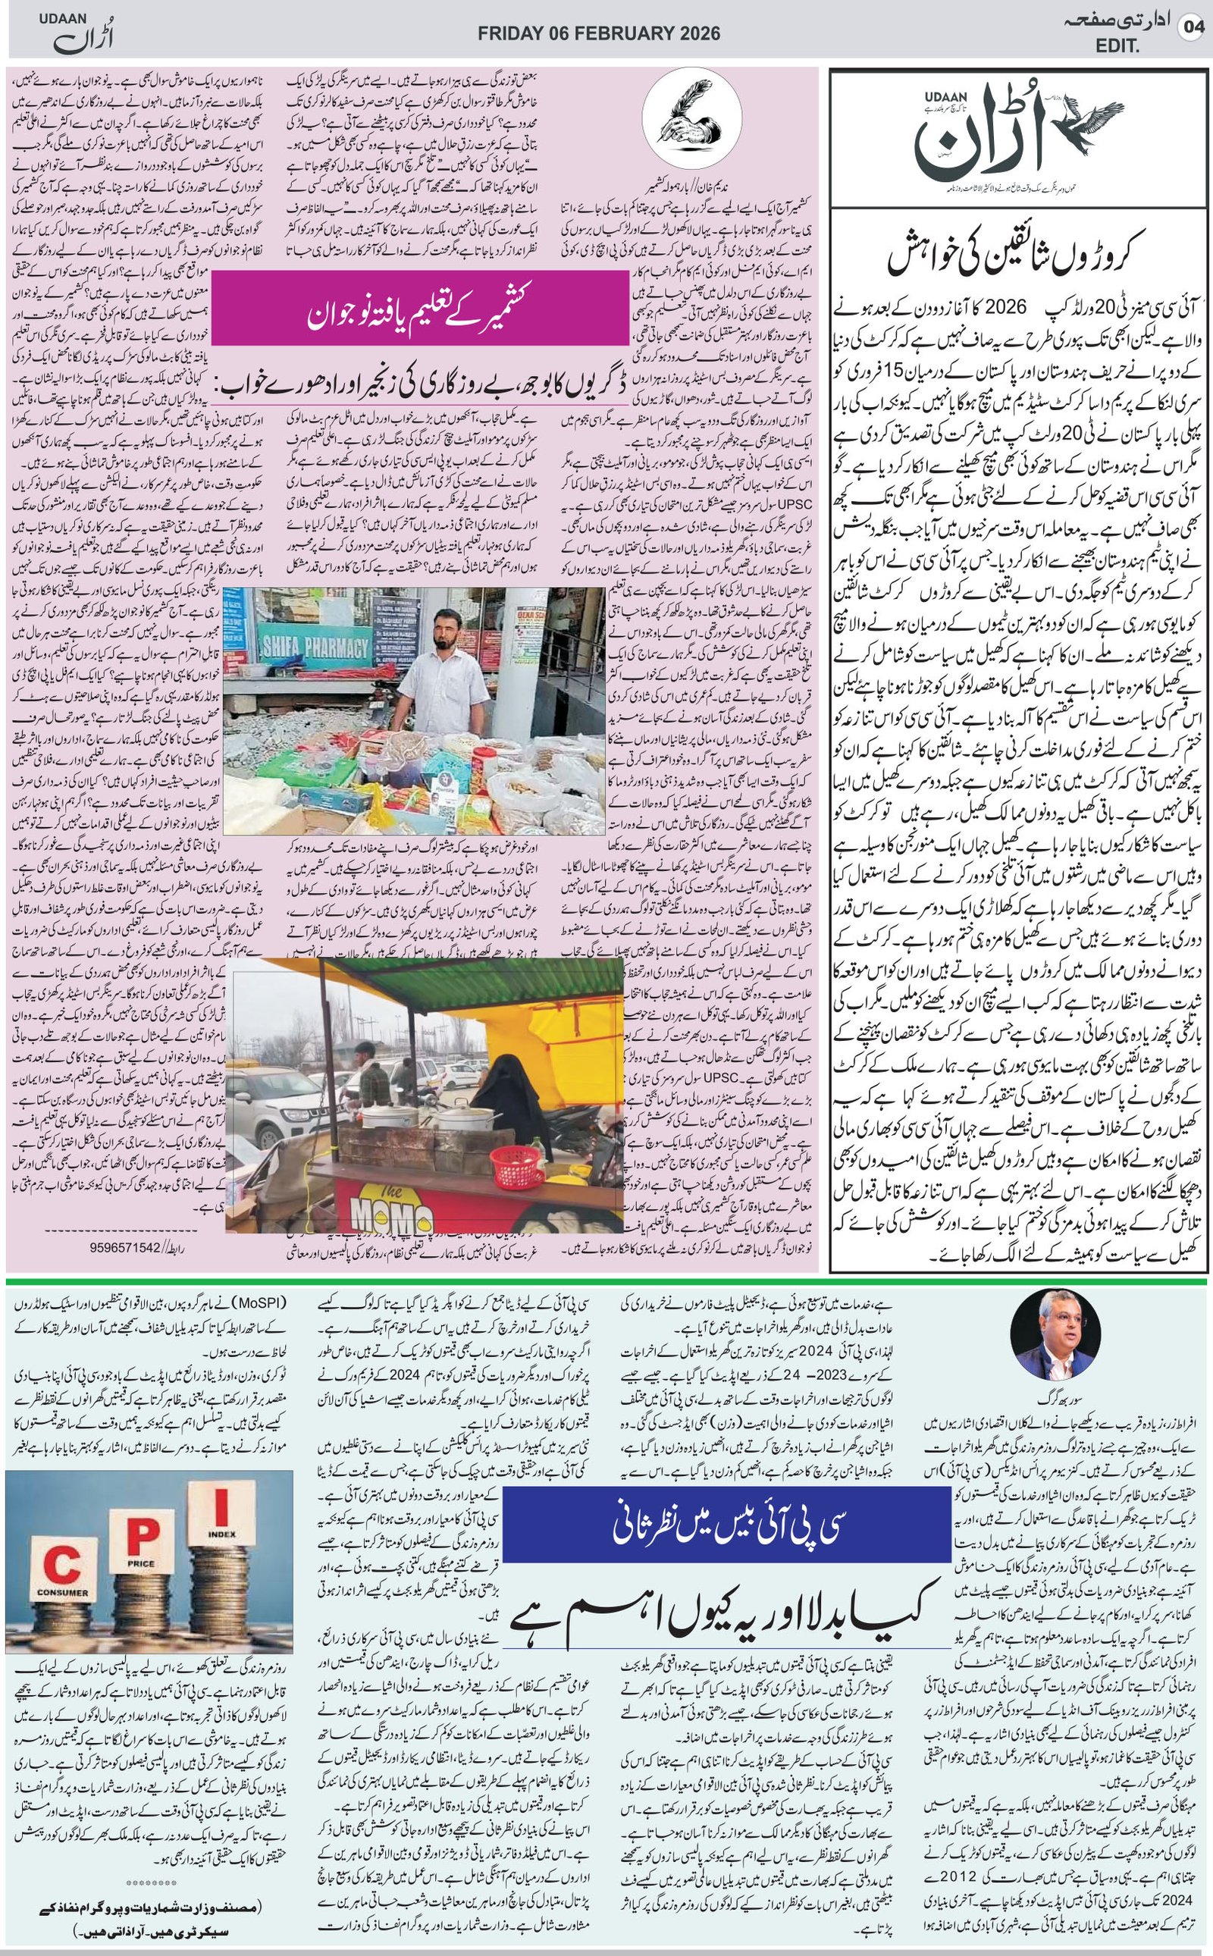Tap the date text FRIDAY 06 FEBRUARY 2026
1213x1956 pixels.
pos(598,33)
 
